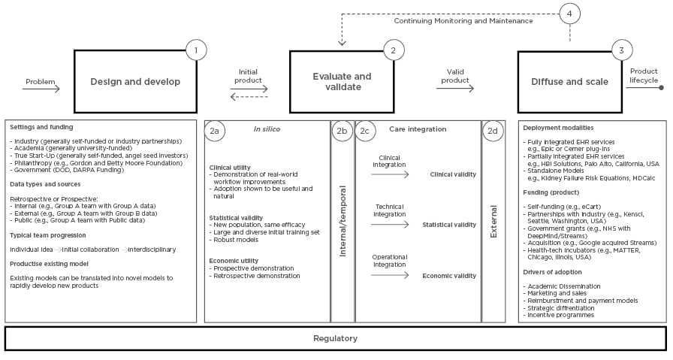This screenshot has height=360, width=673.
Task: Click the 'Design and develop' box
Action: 134,81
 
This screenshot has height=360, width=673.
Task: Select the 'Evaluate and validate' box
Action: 341,81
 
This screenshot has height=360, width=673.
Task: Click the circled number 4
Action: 570,14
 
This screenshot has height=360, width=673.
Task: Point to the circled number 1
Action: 196,50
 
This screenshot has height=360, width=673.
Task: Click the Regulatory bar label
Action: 335,338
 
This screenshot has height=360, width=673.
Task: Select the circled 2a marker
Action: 215,131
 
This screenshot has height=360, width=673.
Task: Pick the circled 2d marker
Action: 493,131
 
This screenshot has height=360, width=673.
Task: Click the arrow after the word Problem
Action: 41,89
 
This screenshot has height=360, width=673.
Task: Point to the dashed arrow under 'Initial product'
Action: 249,97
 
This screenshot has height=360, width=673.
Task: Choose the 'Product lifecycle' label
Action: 644,75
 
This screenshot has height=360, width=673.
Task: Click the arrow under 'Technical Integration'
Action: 390,224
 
